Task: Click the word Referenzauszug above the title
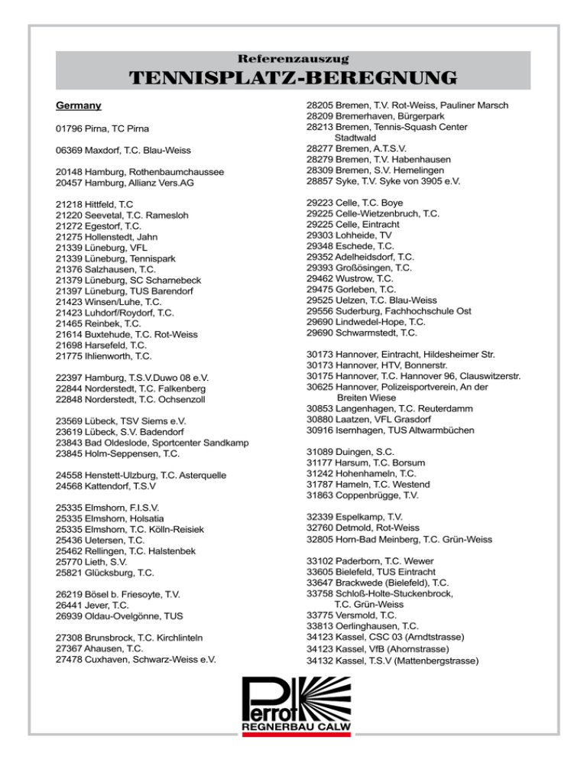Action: [x=293, y=58]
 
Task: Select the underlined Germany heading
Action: [x=79, y=105]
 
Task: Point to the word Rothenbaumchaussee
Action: [x=175, y=173]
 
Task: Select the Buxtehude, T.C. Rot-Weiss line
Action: [x=127, y=334]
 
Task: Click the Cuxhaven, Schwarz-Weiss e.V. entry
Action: [x=136, y=658]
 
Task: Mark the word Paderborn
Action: [x=362, y=560]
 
